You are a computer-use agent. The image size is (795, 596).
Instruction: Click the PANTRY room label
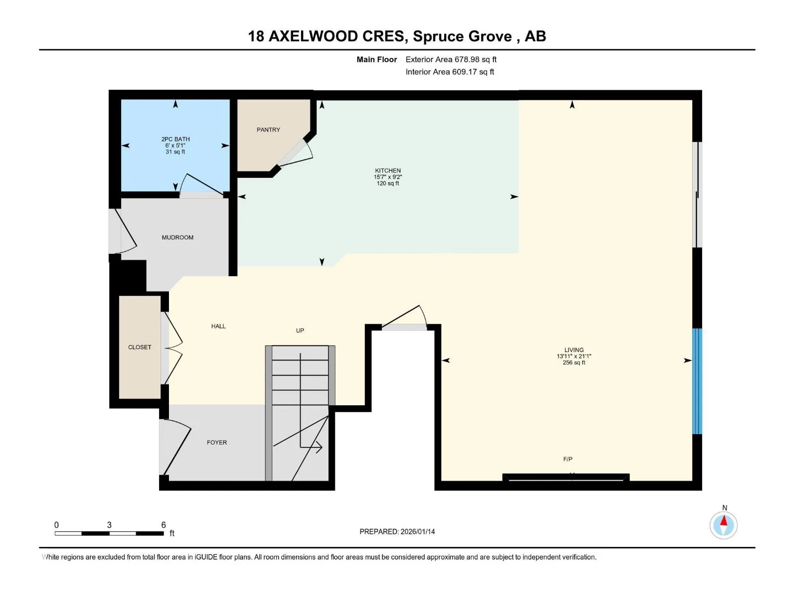click(x=268, y=130)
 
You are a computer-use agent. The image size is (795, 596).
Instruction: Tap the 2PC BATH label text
click(x=175, y=139)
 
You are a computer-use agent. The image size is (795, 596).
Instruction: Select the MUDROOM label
click(x=177, y=237)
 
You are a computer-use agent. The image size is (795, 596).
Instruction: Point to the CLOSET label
click(x=140, y=347)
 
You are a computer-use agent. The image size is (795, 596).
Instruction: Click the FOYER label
click(x=217, y=442)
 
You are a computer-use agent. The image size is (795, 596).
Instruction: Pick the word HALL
click(x=219, y=326)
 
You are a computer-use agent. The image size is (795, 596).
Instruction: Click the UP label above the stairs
click(x=300, y=330)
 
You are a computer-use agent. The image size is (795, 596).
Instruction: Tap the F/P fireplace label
click(x=567, y=459)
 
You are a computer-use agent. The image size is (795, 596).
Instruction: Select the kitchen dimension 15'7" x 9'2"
click(x=388, y=177)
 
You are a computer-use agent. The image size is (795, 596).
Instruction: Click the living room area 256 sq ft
click(x=574, y=362)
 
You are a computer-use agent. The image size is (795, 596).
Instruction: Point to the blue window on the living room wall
click(x=697, y=380)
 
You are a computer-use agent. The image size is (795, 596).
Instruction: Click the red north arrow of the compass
click(x=723, y=521)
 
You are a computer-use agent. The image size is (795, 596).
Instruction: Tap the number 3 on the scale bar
click(x=109, y=524)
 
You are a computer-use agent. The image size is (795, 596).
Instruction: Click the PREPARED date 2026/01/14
click(x=417, y=531)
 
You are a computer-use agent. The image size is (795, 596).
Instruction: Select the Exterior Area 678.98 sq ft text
click(x=451, y=59)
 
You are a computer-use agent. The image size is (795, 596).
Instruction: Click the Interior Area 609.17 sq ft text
click(x=450, y=72)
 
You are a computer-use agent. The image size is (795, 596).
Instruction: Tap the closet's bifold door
click(x=173, y=348)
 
